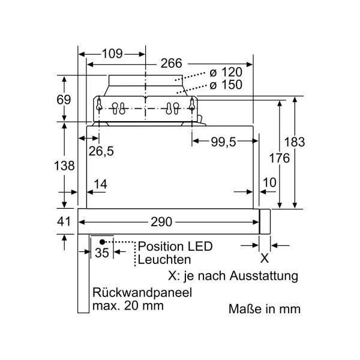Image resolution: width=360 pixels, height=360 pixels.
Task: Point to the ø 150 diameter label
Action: coord(225,85)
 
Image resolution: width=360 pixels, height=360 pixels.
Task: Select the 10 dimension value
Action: coord(269,182)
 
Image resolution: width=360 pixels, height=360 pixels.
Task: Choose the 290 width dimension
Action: coord(160,222)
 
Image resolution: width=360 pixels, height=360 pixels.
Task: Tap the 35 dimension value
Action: coord(103,253)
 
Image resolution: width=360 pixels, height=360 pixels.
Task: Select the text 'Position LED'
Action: coord(175,247)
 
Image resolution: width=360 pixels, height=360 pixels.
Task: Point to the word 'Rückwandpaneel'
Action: coord(142,293)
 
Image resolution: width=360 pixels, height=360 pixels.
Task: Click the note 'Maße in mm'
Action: coord(263,310)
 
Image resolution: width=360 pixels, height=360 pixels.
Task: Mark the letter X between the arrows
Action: coord(264,259)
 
